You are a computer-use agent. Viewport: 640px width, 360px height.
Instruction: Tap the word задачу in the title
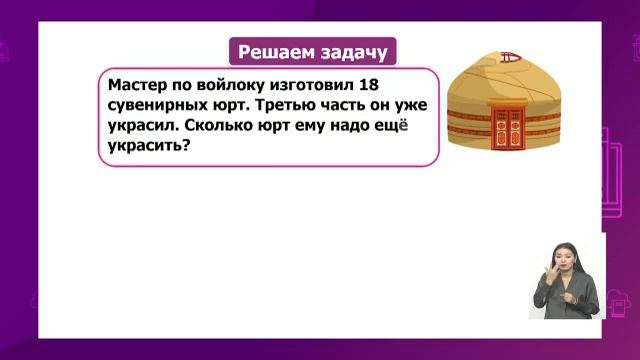[351, 52]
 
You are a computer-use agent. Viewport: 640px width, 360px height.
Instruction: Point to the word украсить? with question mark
[148, 148]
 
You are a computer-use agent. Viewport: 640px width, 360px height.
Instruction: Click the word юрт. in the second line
[240, 107]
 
